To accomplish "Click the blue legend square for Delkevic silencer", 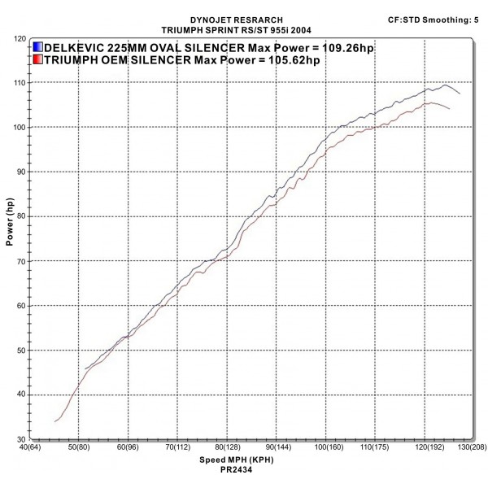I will pyautogui.click(x=39, y=48).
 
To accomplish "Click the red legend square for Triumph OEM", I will pyautogui.click(x=39, y=60).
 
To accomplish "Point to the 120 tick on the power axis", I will pyautogui.click(x=18, y=38).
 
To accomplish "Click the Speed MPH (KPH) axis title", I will pyautogui.click(x=243, y=460).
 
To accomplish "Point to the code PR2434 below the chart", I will pyautogui.click(x=244, y=469).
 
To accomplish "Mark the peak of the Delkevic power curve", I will pyautogui.click(x=444, y=85).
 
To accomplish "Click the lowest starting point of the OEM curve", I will pyautogui.click(x=54, y=421).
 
